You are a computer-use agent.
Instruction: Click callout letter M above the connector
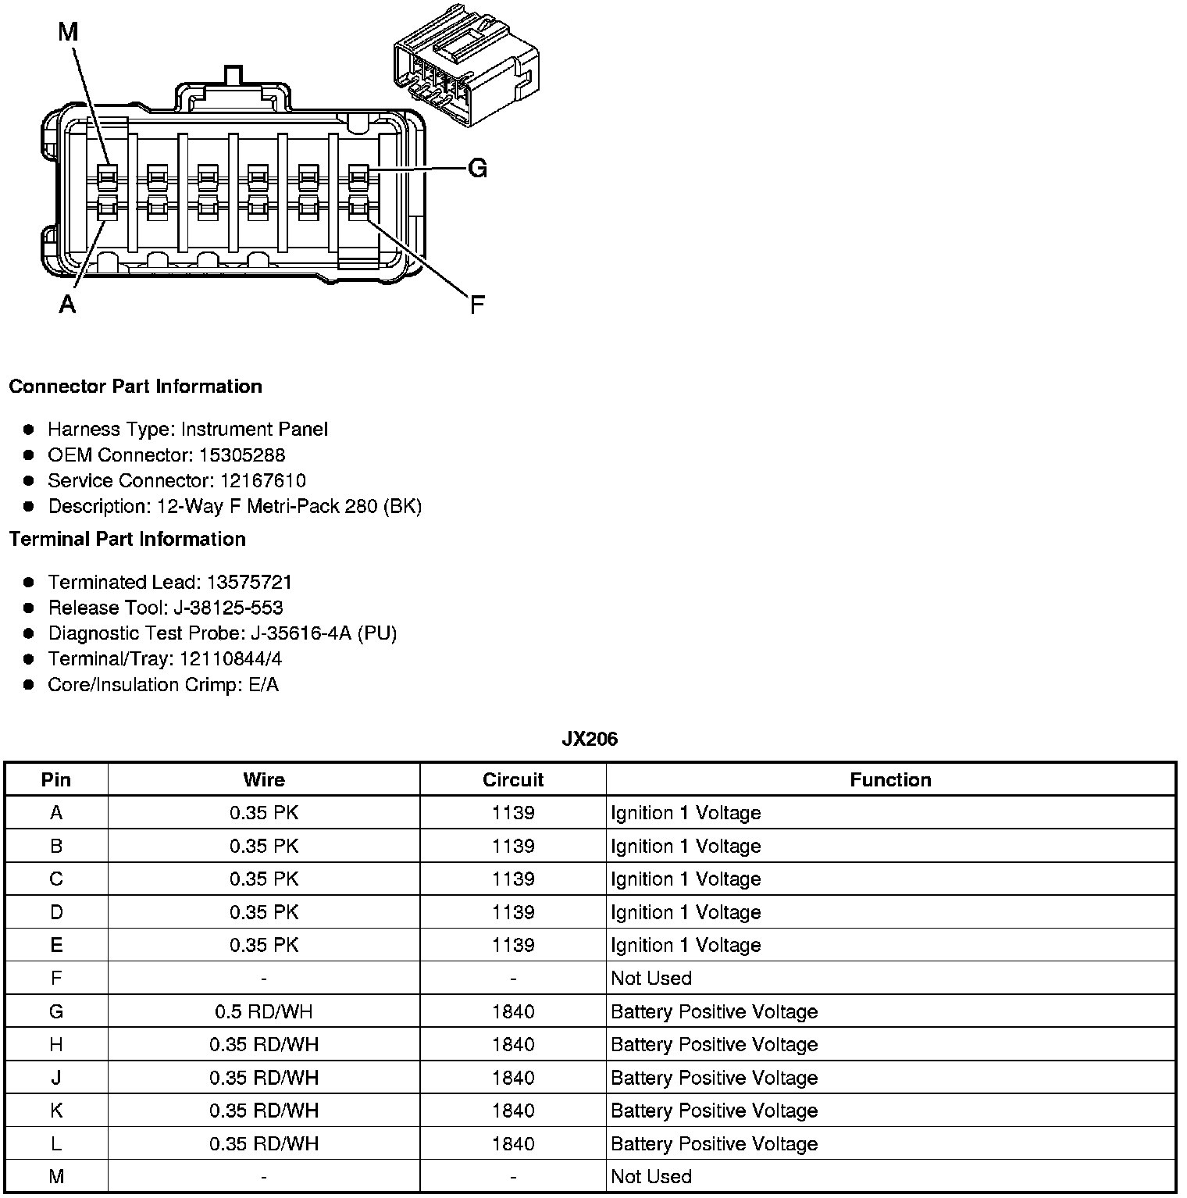point(68,32)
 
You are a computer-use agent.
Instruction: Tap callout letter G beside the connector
point(477,169)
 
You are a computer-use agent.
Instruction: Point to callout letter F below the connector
point(476,305)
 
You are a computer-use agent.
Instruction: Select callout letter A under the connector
point(68,304)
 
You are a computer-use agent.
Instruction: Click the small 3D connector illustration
point(465,66)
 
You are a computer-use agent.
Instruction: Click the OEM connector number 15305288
point(242,455)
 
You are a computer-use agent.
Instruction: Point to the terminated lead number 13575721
point(249,583)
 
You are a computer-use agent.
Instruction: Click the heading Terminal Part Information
point(127,540)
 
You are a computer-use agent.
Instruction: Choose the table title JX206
point(590,740)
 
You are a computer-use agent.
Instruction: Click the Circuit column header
point(513,780)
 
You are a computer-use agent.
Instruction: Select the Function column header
point(890,780)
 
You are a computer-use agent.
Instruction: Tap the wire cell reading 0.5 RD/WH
point(264,1012)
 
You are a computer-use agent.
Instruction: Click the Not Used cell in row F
point(651,979)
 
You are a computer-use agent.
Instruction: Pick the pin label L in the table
point(56,1144)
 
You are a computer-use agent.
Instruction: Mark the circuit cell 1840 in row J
point(513,1079)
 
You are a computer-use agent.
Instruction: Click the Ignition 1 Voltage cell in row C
point(686,879)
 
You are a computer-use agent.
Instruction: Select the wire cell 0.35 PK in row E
point(264,946)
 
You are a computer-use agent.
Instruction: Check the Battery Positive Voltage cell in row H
point(714,1045)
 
